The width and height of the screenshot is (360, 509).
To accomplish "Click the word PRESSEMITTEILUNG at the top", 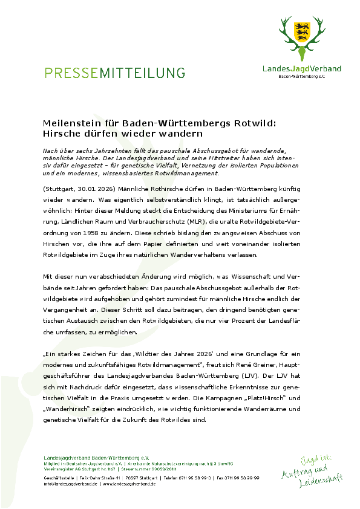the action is click(114, 73).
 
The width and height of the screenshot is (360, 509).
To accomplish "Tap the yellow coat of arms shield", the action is click(301, 30).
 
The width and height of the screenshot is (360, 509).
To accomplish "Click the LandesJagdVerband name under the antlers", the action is click(301, 69).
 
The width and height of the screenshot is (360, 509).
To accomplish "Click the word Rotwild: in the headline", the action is click(255, 123).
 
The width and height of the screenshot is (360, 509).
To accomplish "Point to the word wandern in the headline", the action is click(180, 133).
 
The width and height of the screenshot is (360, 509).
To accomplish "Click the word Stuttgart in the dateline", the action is click(61, 189).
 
